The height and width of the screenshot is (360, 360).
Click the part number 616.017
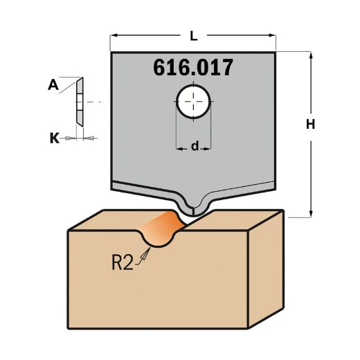(192, 68)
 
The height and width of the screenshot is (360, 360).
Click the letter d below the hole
(195, 146)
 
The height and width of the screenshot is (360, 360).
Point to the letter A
(53, 86)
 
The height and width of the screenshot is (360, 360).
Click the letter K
(54, 138)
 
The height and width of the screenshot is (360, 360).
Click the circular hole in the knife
(194, 103)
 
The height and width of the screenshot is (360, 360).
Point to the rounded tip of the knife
(192, 208)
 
